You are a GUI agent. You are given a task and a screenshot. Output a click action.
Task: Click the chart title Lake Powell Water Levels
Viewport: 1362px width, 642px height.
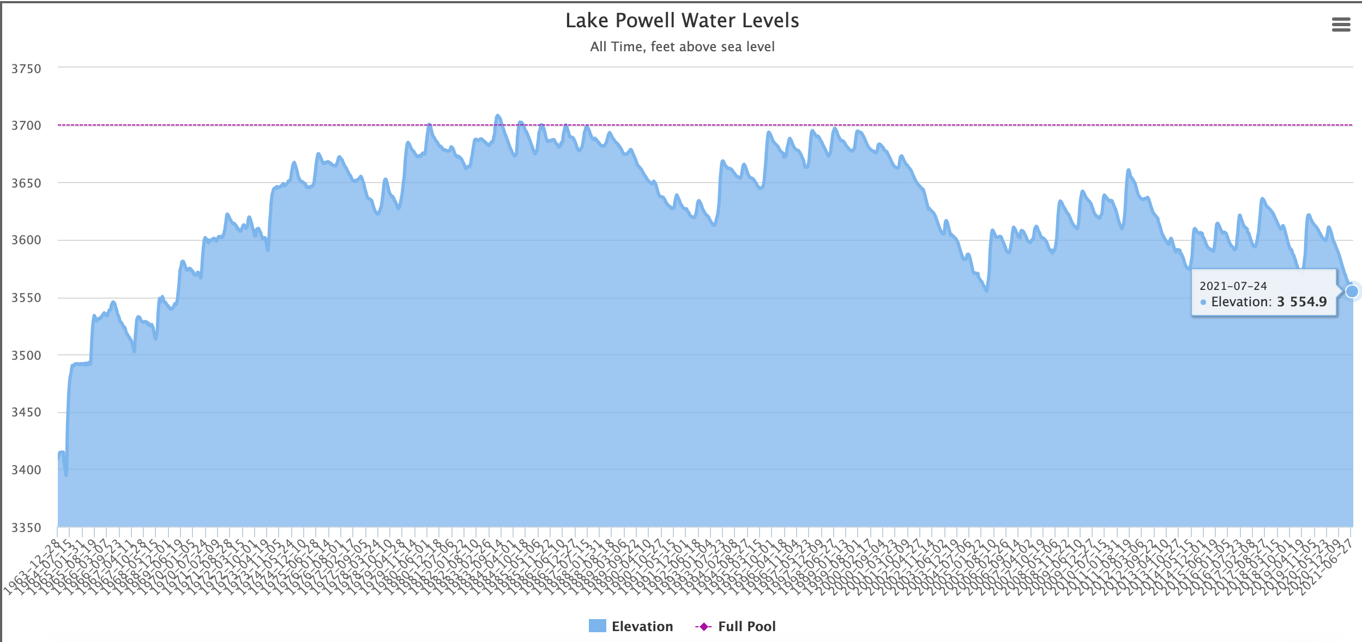pyautogui.click(x=682, y=21)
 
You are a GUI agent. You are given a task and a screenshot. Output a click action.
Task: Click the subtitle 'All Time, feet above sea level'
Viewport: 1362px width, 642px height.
pyautogui.click(x=682, y=47)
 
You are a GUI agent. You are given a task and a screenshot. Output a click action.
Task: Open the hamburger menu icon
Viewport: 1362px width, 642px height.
pyautogui.click(x=1341, y=25)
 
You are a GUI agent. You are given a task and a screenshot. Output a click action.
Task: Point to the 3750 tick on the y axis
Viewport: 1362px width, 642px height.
pyautogui.click(x=26, y=69)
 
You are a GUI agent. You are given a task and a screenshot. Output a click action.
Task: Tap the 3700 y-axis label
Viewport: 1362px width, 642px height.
pyautogui.click(x=26, y=125)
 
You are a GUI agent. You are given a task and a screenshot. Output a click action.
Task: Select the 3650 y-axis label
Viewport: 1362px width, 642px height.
pyautogui.click(x=26, y=183)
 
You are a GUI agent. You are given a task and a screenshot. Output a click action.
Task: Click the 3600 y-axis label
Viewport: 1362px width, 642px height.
pyautogui.click(x=26, y=240)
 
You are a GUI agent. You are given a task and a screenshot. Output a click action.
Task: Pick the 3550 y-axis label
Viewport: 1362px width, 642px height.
pyautogui.click(x=26, y=298)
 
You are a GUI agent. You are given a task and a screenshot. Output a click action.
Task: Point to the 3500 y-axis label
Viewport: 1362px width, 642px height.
pyautogui.click(x=26, y=355)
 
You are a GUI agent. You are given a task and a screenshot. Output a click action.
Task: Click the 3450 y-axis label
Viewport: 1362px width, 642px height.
pyautogui.click(x=26, y=412)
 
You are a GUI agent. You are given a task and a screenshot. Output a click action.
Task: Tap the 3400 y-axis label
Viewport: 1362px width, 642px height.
pyautogui.click(x=26, y=470)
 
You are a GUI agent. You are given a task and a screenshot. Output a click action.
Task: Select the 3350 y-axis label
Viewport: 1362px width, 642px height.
pyautogui.click(x=26, y=528)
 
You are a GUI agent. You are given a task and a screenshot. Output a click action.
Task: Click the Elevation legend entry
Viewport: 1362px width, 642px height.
pyautogui.click(x=642, y=627)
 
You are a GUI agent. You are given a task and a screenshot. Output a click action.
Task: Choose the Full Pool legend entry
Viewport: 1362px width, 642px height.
pyautogui.click(x=746, y=627)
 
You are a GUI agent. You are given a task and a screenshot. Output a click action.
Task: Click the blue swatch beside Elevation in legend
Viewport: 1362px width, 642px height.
pyautogui.click(x=597, y=626)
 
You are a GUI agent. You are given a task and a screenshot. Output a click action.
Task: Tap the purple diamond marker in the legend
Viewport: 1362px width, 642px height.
pyautogui.click(x=703, y=627)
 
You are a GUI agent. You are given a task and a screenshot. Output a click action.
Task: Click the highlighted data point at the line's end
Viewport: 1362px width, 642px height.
pyautogui.click(x=1352, y=292)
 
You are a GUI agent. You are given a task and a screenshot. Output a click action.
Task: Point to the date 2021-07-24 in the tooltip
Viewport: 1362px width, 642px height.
pyautogui.click(x=1233, y=286)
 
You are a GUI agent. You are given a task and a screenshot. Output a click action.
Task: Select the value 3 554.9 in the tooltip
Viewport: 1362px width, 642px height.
pyautogui.click(x=1301, y=302)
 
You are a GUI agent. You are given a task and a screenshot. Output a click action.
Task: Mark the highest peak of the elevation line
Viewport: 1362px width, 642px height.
pyautogui.click(x=497, y=116)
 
